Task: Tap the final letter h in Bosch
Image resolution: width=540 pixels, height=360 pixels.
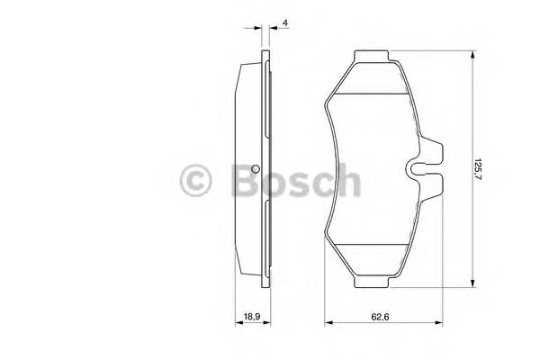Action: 348,180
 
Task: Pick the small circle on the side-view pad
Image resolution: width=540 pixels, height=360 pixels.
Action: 256,173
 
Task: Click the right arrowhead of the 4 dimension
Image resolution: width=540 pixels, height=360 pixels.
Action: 270,32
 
